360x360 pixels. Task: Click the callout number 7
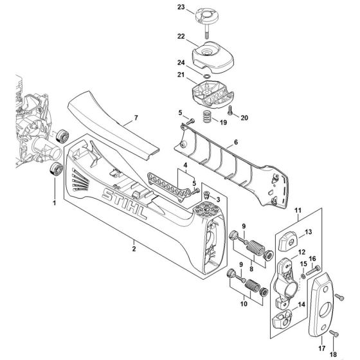click(136, 119)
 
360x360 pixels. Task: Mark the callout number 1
click(55, 203)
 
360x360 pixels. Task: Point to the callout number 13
click(307, 231)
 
